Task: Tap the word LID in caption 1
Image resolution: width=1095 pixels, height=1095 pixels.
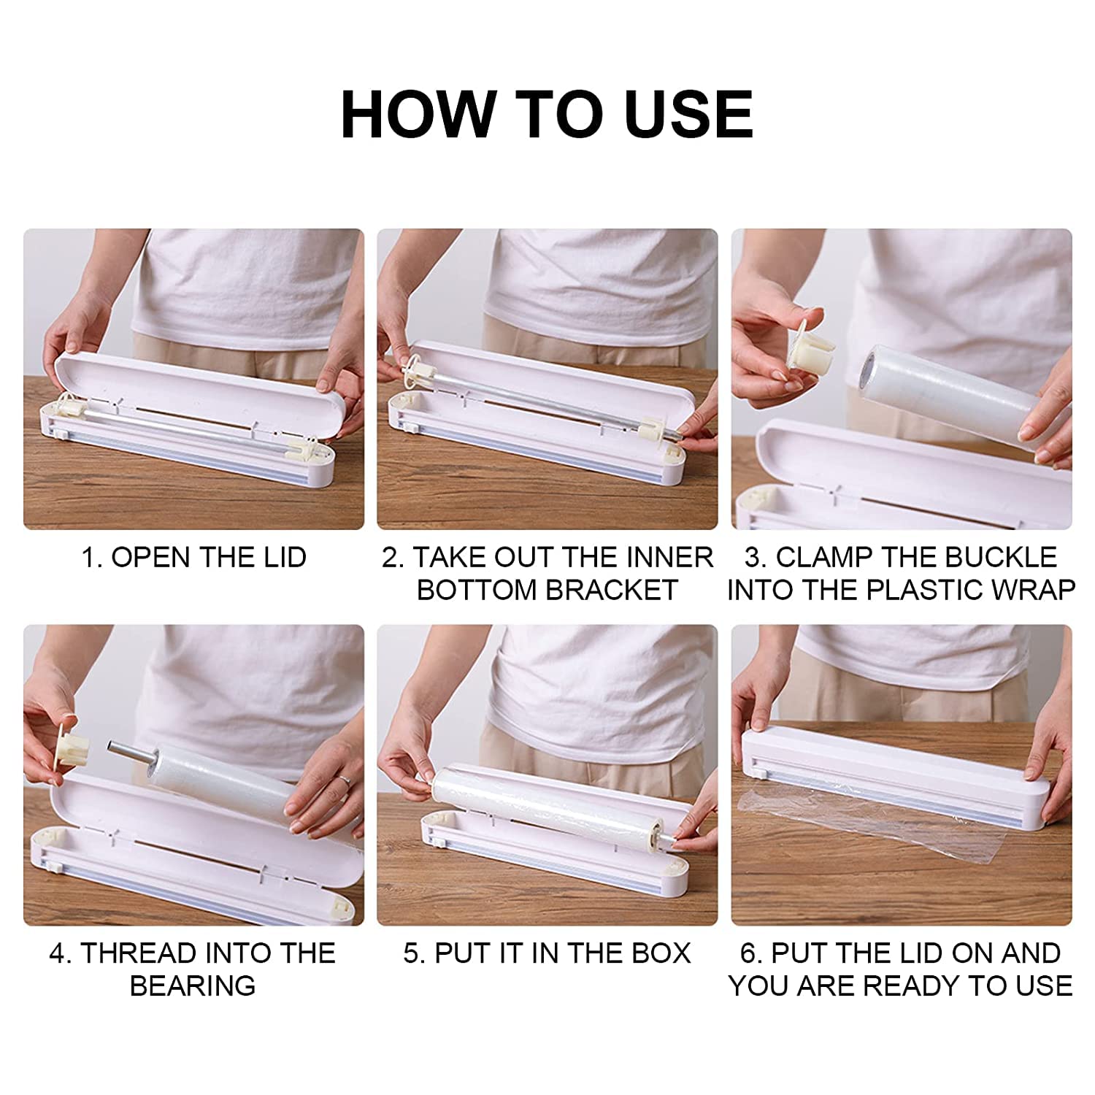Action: [281, 557]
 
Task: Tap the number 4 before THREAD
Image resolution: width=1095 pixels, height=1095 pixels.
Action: [58, 953]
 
